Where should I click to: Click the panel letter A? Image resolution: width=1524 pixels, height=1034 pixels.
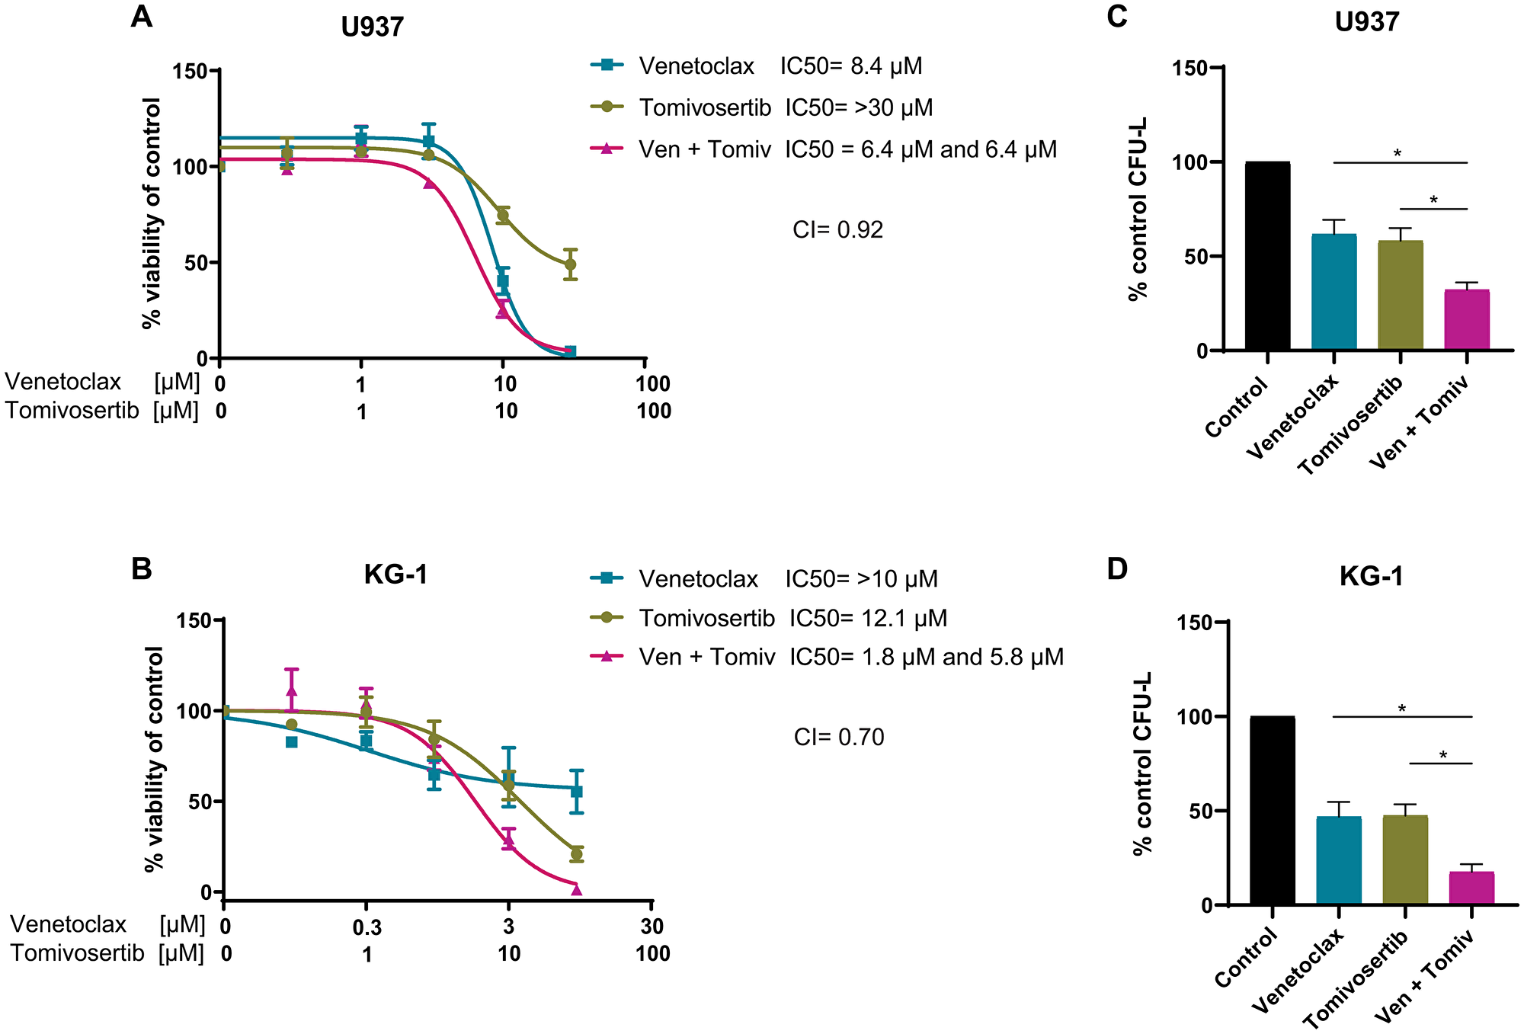pyautogui.click(x=141, y=17)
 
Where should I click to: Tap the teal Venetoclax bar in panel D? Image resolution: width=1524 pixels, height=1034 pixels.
pyautogui.click(x=1339, y=861)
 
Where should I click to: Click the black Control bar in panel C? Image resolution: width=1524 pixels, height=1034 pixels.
pyautogui.click(x=1267, y=256)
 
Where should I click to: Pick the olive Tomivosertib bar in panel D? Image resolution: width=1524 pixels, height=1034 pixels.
pyautogui.click(x=1405, y=861)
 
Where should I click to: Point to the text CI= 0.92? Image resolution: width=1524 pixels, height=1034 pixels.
pyautogui.click(x=837, y=229)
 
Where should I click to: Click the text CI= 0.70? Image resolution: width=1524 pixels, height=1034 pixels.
pyautogui.click(x=839, y=737)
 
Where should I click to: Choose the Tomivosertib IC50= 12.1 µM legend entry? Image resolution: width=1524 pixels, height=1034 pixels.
pyautogui.click(x=770, y=618)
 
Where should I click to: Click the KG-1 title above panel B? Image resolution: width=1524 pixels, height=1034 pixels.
pyautogui.click(x=395, y=574)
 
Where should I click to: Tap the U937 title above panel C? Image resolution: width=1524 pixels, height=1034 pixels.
pyautogui.click(x=1367, y=22)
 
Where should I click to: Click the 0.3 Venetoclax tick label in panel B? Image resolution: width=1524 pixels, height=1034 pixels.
pyautogui.click(x=367, y=927)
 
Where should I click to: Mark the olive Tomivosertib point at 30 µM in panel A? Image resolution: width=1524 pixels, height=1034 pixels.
pyautogui.click(x=570, y=264)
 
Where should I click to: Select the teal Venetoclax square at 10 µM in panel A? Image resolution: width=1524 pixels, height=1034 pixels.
pyautogui.click(x=503, y=281)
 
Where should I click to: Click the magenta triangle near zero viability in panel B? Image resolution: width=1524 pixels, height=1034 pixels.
pyautogui.click(x=576, y=889)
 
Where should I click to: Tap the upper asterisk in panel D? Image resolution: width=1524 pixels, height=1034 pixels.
pyautogui.click(x=1402, y=709)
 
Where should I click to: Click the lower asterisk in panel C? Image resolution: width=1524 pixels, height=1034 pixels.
pyautogui.click(x=1433, y=200)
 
